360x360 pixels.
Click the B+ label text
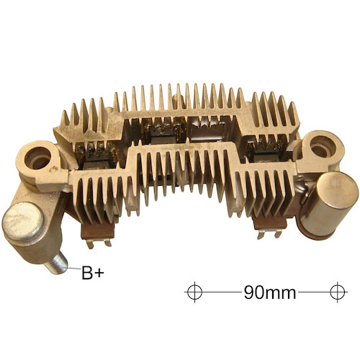(93, 273)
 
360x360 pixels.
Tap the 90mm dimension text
(270, 292)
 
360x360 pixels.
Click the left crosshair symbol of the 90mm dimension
(194, 292)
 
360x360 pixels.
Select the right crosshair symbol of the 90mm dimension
(338, 292)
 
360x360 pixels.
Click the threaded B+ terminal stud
(58, 264)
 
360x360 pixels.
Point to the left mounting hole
(37, 158)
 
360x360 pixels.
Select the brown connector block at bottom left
(98, 231)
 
